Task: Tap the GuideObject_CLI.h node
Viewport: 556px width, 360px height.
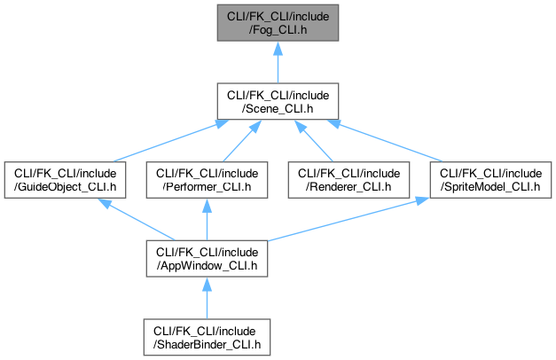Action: coord(64,180)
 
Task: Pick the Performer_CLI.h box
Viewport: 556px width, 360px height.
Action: coord(206,180)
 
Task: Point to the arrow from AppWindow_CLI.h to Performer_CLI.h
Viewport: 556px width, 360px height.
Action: coord(206,220)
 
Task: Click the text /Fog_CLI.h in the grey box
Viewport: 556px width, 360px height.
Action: coord(278,28)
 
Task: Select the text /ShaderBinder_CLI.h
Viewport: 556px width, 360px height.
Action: coord(206,344)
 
